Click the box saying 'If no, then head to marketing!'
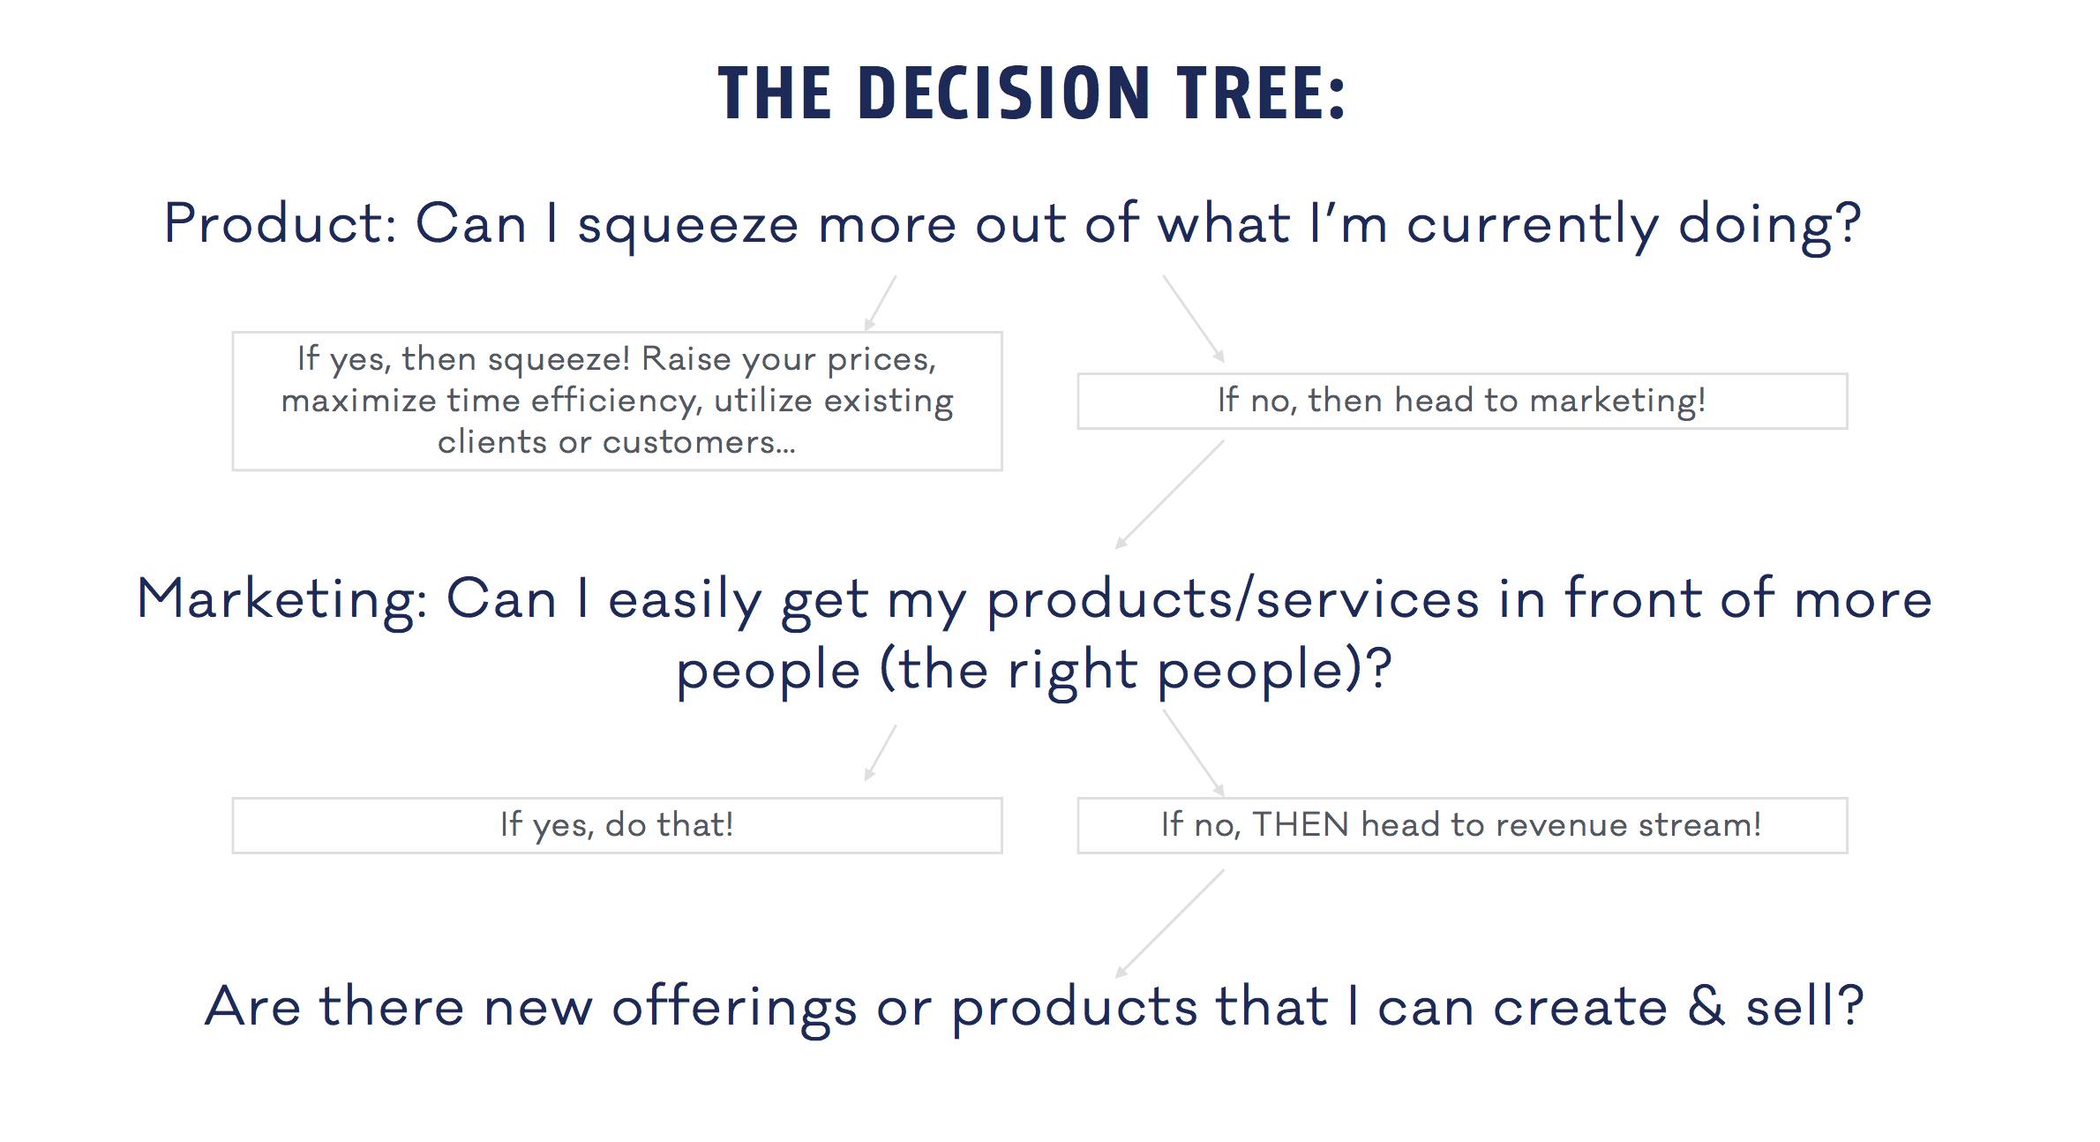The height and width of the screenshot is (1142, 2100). [1461, 402]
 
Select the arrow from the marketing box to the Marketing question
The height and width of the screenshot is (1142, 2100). [1169, 494]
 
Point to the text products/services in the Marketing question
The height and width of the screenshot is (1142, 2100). [1233, 600]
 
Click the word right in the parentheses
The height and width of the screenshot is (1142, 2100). [1072, 671]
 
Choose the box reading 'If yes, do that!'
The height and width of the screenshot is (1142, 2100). [616, 825]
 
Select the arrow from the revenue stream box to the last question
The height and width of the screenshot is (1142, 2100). [1169, 923]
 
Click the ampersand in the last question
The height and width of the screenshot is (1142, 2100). [1706, 1006]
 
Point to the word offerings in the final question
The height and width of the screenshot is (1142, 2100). [733, 1008]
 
